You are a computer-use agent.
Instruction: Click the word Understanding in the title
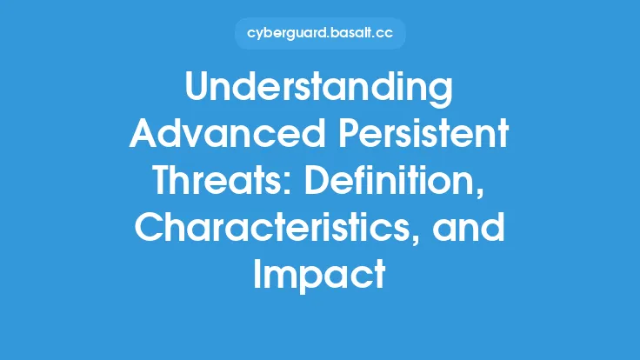[x=320, y=89]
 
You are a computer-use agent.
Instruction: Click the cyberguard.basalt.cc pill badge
[x=320, y=34]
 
